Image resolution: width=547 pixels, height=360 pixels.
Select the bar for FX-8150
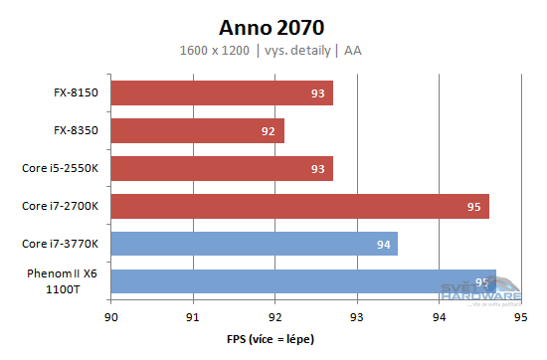222,93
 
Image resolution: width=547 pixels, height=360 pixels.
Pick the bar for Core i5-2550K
222,169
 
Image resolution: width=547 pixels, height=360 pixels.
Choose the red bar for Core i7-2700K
299,207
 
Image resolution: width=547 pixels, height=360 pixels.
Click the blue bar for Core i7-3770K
254,244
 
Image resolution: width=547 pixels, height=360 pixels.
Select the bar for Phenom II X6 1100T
303,281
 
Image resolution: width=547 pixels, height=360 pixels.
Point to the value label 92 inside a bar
270,131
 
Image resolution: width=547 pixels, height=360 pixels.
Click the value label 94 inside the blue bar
383,245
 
